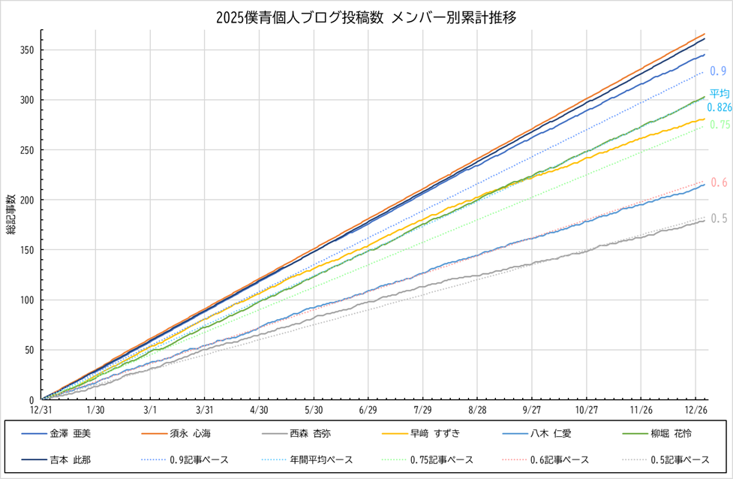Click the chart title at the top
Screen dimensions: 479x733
(366, 17)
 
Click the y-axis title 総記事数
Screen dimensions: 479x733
(11, 214)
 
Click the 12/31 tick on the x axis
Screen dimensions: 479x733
(41, 410)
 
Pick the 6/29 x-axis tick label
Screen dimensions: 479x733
(368, 410)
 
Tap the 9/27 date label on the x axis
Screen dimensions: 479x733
(532, 410)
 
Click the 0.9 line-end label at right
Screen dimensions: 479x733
(718, 71)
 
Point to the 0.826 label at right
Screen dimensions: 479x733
(719, 107)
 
